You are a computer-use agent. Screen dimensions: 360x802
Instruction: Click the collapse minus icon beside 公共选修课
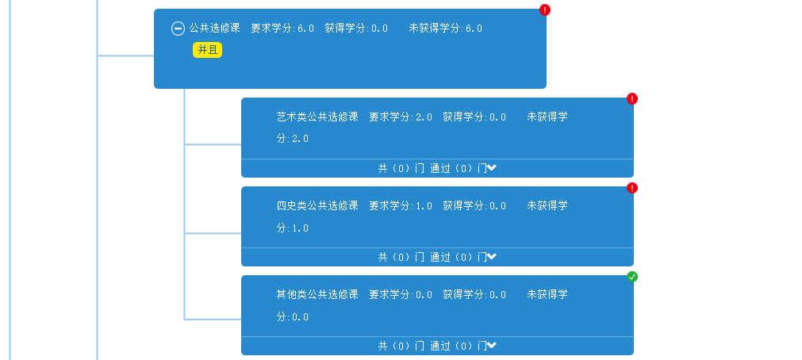click(x=178, y=29)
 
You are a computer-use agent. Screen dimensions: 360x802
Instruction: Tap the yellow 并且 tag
click(x=207, y=50)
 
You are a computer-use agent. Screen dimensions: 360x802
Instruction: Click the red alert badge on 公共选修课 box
click(x=545, y=10)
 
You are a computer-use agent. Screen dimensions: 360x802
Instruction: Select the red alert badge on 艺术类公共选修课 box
click(x=632, y=98)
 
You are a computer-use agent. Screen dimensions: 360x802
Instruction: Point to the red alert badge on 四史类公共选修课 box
click(x=632, y=188)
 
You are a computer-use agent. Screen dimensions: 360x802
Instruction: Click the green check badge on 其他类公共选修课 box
click(x=632, y=277)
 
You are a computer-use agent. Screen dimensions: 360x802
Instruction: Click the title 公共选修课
click(x=214, y=29)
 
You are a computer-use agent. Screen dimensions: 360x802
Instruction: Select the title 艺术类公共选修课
click(x=317, y=117)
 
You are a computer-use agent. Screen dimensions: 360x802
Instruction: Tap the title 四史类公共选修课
click(x=317, y=206)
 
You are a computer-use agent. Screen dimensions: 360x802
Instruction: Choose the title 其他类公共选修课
click(x=317, y=295)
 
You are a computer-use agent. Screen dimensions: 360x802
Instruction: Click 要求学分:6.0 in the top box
click(x=282, y=29)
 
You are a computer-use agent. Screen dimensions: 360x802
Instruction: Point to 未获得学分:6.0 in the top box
click(x=445, y=29)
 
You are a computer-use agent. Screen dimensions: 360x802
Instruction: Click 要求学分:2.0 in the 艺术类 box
click(x=401, y=117)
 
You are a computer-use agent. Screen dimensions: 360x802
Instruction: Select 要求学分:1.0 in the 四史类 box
click(x=401, y=206)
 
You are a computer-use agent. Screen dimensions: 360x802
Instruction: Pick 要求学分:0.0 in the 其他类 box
click(x=401, y=295)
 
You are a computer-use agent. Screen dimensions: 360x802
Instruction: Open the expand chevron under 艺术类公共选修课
click(x=492, y=167)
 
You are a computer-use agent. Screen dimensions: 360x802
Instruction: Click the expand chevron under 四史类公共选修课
click(x=492, y=256)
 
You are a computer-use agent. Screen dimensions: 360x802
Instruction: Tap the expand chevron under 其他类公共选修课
click(x=492, y=345)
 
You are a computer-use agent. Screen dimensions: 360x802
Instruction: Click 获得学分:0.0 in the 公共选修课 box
click(x=356, y=29)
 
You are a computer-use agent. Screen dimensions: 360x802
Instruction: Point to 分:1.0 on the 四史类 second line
click(x=292, y=228)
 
